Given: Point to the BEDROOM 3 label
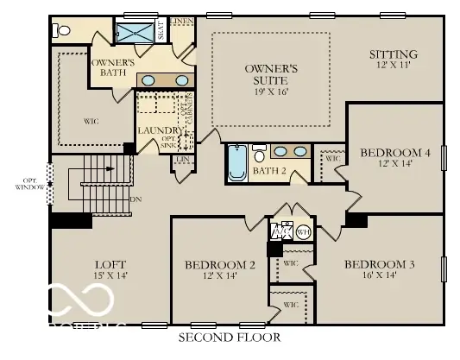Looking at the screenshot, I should point(379,263).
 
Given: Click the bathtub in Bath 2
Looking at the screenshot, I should point(237,163).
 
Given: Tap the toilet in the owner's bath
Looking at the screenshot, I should point(61,31).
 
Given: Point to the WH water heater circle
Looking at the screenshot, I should point(303,231).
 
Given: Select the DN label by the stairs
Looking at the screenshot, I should point(135,199).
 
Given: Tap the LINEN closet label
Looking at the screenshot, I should point(181,20).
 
